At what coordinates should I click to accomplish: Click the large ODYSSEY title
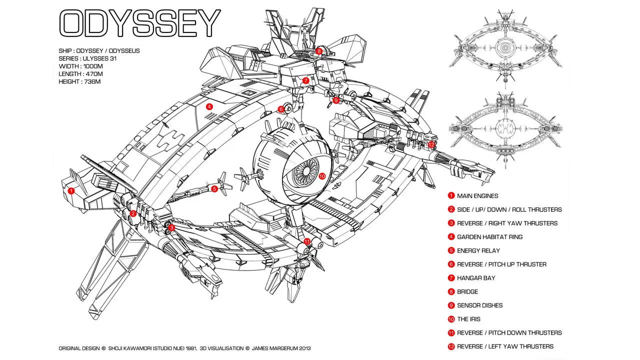click(140, 23)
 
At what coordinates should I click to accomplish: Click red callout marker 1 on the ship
click(71, 190)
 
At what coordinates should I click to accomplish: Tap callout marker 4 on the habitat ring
click(209, 106)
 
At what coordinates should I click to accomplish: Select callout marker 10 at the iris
click(322, 176)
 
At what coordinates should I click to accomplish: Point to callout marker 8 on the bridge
click(319, 51)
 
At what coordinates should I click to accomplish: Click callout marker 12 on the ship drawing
click(431, 144)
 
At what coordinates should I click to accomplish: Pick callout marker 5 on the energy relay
click(214, 188)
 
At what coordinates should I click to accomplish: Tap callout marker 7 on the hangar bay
click(305, 80)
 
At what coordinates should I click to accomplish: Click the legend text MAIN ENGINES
click(477, 196)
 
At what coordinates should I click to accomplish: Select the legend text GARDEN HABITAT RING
click(489, 237)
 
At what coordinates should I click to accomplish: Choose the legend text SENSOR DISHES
click(479, 305)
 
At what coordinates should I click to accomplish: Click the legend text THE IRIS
click(469, 319)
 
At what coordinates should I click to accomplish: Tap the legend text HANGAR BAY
click(475, 278)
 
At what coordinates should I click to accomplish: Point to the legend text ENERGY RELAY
click(478, 250)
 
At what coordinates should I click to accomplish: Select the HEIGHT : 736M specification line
click(80, 81)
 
